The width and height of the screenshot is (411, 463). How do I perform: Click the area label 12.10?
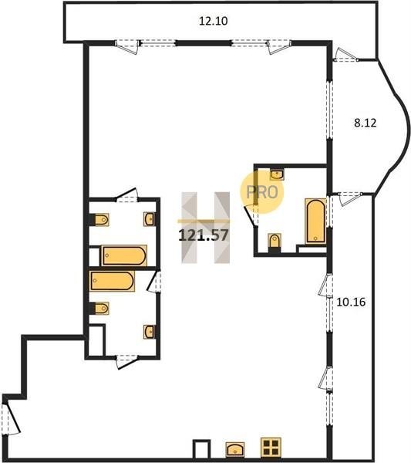click(213, 22)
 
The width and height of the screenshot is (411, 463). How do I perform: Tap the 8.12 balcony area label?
click(366, 123)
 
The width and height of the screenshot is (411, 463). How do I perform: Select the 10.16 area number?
click(351, 302)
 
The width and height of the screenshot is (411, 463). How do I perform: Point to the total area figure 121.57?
click(204, 235)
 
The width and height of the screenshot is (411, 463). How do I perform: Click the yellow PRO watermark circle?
click(261, 192)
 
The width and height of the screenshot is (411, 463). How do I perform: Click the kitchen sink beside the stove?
click(235, 449)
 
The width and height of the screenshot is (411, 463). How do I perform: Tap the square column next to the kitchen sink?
click(201, 449)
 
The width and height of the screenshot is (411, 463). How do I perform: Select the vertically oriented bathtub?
click(315, 221)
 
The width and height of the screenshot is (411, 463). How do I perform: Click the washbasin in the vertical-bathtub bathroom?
click(277, 174)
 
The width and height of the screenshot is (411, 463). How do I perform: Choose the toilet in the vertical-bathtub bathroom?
click(275, 242)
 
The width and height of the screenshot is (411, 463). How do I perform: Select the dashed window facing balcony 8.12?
click(329, 110)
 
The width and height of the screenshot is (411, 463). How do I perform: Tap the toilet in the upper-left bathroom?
click(99, 219)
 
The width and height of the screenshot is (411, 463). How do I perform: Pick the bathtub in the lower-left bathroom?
click(112, 281)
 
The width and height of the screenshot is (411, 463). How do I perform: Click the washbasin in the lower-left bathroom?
click(150, 332)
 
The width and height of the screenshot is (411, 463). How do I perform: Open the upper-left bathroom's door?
click(127, 196)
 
